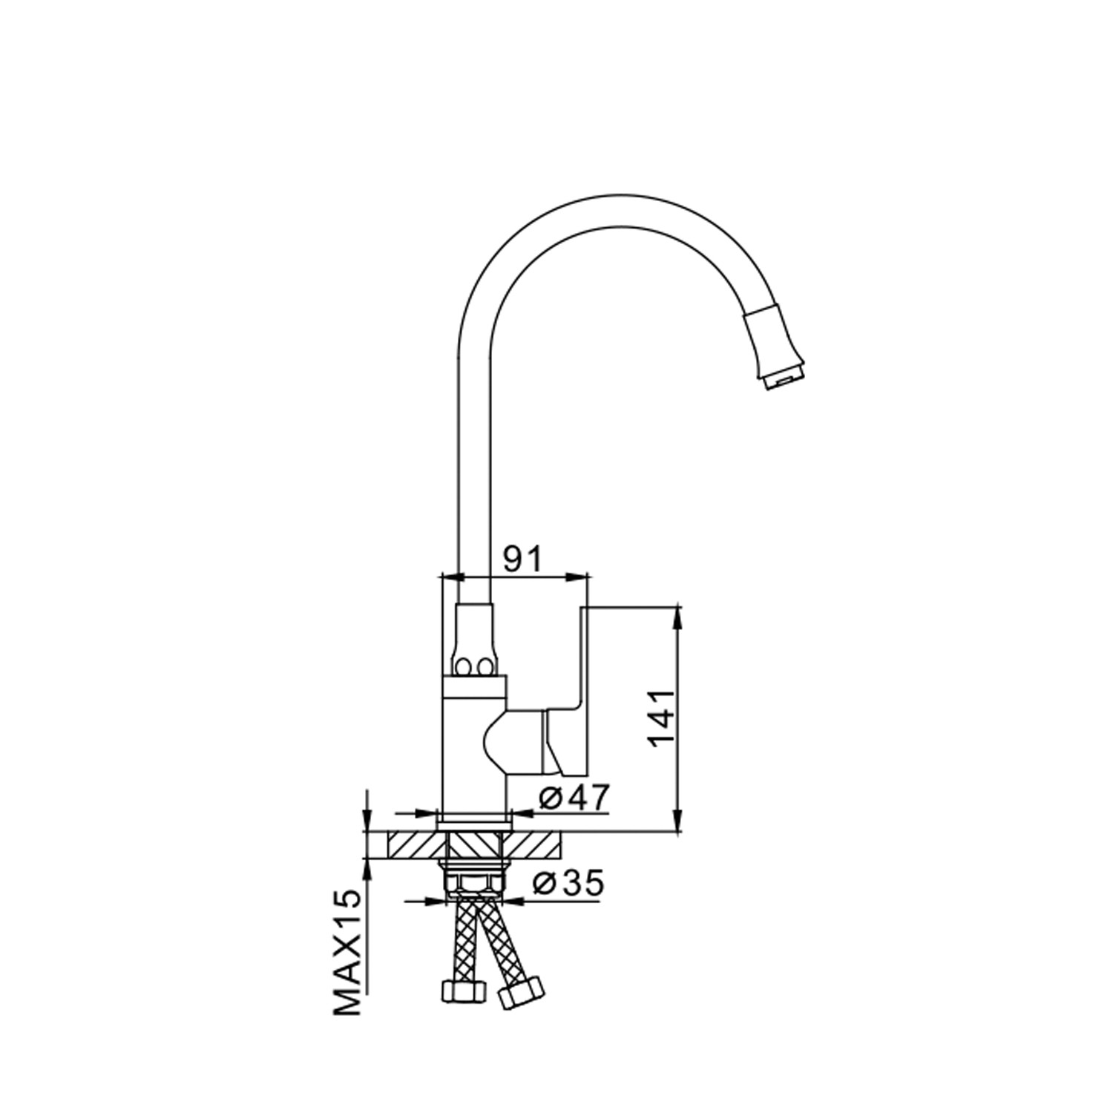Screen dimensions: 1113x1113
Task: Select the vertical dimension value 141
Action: click(x=660, y=718)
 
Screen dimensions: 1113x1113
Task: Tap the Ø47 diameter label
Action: click(x=574, y=798)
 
